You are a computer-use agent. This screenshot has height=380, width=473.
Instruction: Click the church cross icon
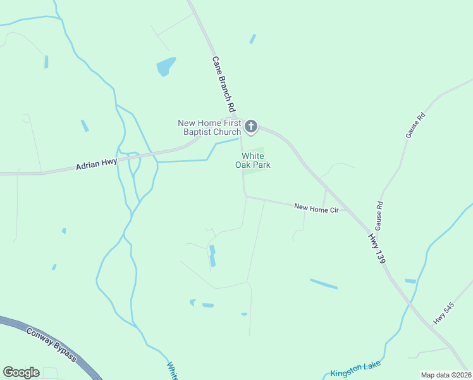pyautogui.click(x=251, y=127)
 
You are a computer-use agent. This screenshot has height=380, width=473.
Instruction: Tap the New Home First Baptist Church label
pyautogui.click(x=209, y=127)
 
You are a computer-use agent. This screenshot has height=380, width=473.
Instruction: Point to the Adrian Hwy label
pyautogui.click(x=96, y=163)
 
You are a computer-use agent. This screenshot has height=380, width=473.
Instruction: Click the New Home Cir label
pyautogui.click(x=317, y=208)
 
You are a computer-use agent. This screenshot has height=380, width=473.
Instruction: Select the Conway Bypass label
pyautogui.click(x=51, y=345)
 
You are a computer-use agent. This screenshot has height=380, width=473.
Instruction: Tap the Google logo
pyautogui.click(x=21, y=372)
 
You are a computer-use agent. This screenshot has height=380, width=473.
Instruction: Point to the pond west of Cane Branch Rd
pyautogui.click(x=166, y=66)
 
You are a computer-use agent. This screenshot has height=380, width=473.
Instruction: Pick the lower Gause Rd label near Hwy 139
pyautogui.click(x=379, y=217)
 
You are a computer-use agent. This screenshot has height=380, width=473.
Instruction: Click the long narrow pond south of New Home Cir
pyautogui.click(x=323, y=284)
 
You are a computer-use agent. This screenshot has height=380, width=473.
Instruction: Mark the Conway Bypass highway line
pyautogui.click(x=76, y=355)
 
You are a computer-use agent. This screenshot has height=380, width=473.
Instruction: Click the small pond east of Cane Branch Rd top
pyautogui.click(x=253, y=39)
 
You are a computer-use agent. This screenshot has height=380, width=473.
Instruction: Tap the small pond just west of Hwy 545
pyautogui.click(x=410, y=281)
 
